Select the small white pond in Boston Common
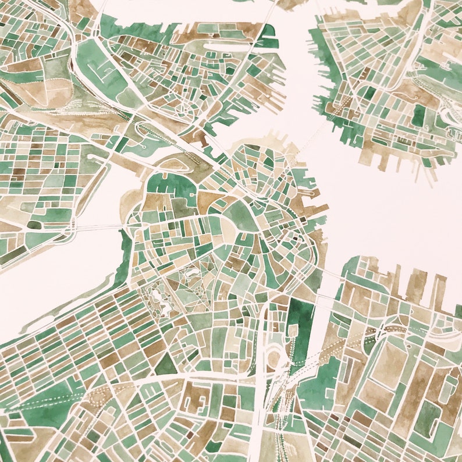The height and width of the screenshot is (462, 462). coord(187,272)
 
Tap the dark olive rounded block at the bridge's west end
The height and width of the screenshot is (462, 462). coord(34,225)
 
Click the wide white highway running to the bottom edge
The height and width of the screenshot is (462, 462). coord(260,431)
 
